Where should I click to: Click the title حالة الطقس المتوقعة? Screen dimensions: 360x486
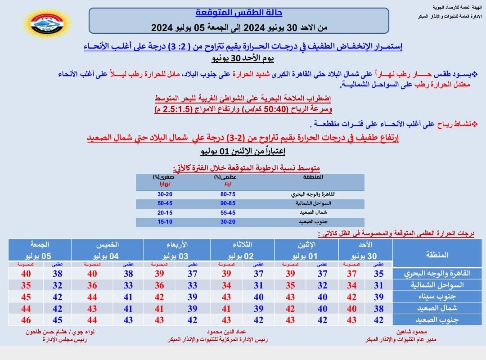(x=239, y=13)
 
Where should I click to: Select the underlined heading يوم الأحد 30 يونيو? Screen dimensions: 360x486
(x=243, y=58)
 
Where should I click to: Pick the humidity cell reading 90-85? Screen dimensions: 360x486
(x=225, y=203)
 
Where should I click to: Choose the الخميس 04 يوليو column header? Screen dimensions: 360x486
(x=108, y=250)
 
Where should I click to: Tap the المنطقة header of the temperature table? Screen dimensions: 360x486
(x=436, y=255)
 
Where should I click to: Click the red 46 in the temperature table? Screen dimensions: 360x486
(x=26, y=320)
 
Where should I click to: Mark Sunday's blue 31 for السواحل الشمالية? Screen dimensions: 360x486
(x=378, y=285)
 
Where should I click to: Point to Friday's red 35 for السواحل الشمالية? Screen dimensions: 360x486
(x=26, y=285)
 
